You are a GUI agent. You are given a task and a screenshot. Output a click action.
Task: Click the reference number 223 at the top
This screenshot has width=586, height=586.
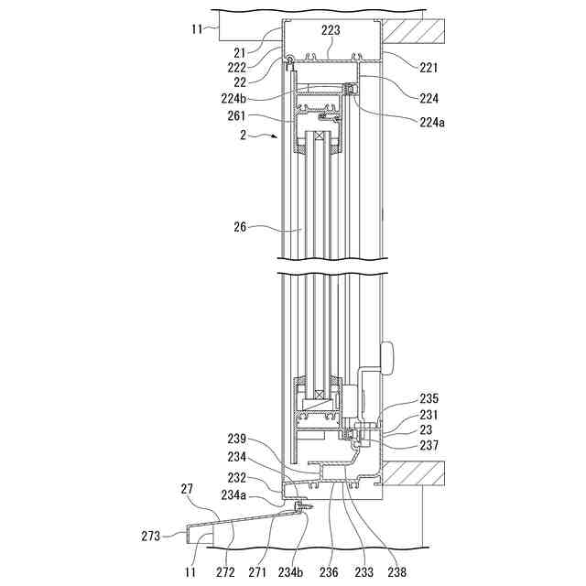pos(331,30)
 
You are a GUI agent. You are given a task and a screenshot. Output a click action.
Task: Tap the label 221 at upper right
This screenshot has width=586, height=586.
pos(428,67)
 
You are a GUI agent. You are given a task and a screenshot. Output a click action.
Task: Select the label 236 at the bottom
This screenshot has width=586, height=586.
pos(329,572)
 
